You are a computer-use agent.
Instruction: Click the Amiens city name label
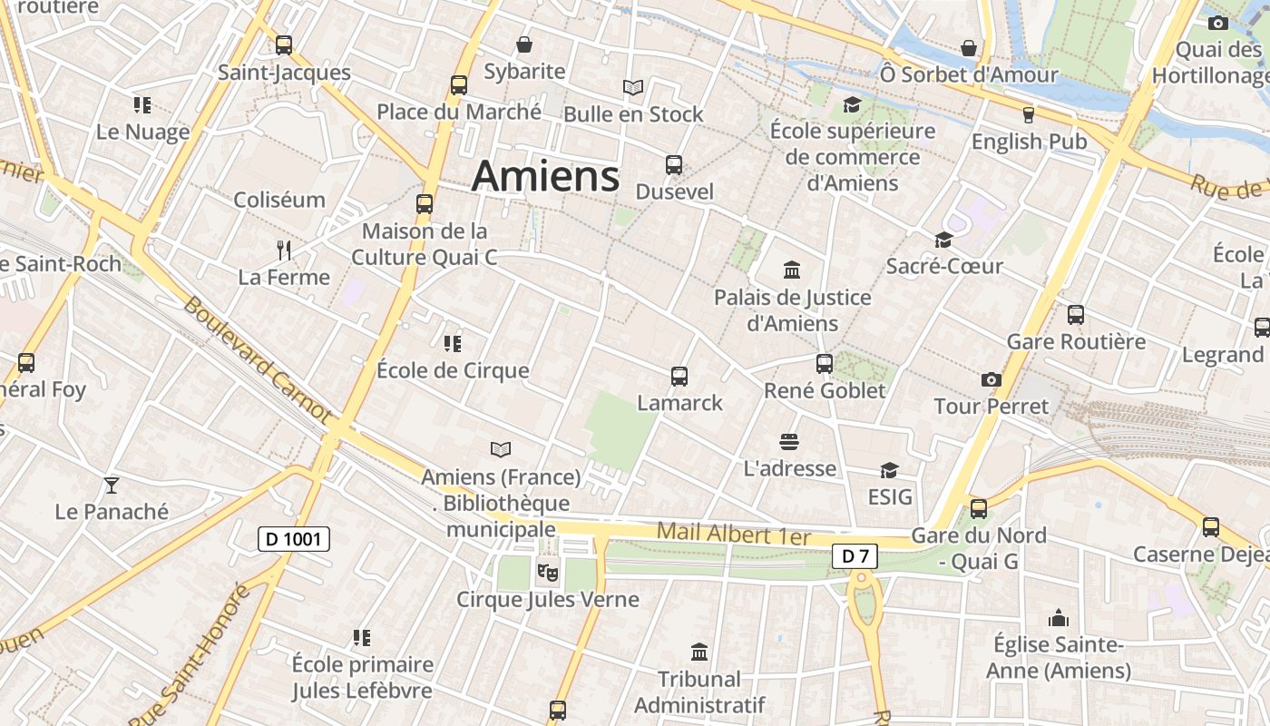point(545,175)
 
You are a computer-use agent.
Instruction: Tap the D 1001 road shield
point(293,539)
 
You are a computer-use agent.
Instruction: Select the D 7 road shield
point(855,556)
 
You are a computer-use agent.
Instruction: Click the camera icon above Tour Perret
point(991,379)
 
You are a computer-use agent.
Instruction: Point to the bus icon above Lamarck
point(679,376)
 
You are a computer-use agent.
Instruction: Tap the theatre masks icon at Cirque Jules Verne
point(546,572)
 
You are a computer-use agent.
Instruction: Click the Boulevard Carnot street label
point(257,358)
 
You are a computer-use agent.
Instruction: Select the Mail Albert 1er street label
point(733,534)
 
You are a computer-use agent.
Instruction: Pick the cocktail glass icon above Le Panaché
point(112,485)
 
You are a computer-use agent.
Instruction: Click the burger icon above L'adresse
point(789,442)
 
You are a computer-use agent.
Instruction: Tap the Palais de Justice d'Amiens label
point(792,310)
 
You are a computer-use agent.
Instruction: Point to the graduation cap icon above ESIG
point(889,470)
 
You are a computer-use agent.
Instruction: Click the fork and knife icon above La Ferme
point(284,250)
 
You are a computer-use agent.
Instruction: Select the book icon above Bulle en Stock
point(633,87)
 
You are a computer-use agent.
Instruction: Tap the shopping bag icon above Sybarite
point(524,44)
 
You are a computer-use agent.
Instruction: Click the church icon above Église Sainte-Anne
point(1058,618)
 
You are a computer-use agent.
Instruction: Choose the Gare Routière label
point(1076,342)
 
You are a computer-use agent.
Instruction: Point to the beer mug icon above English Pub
point(1028,114)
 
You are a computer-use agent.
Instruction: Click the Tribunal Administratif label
point(699,692)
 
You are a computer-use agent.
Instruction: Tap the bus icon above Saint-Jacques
point(284,44)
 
